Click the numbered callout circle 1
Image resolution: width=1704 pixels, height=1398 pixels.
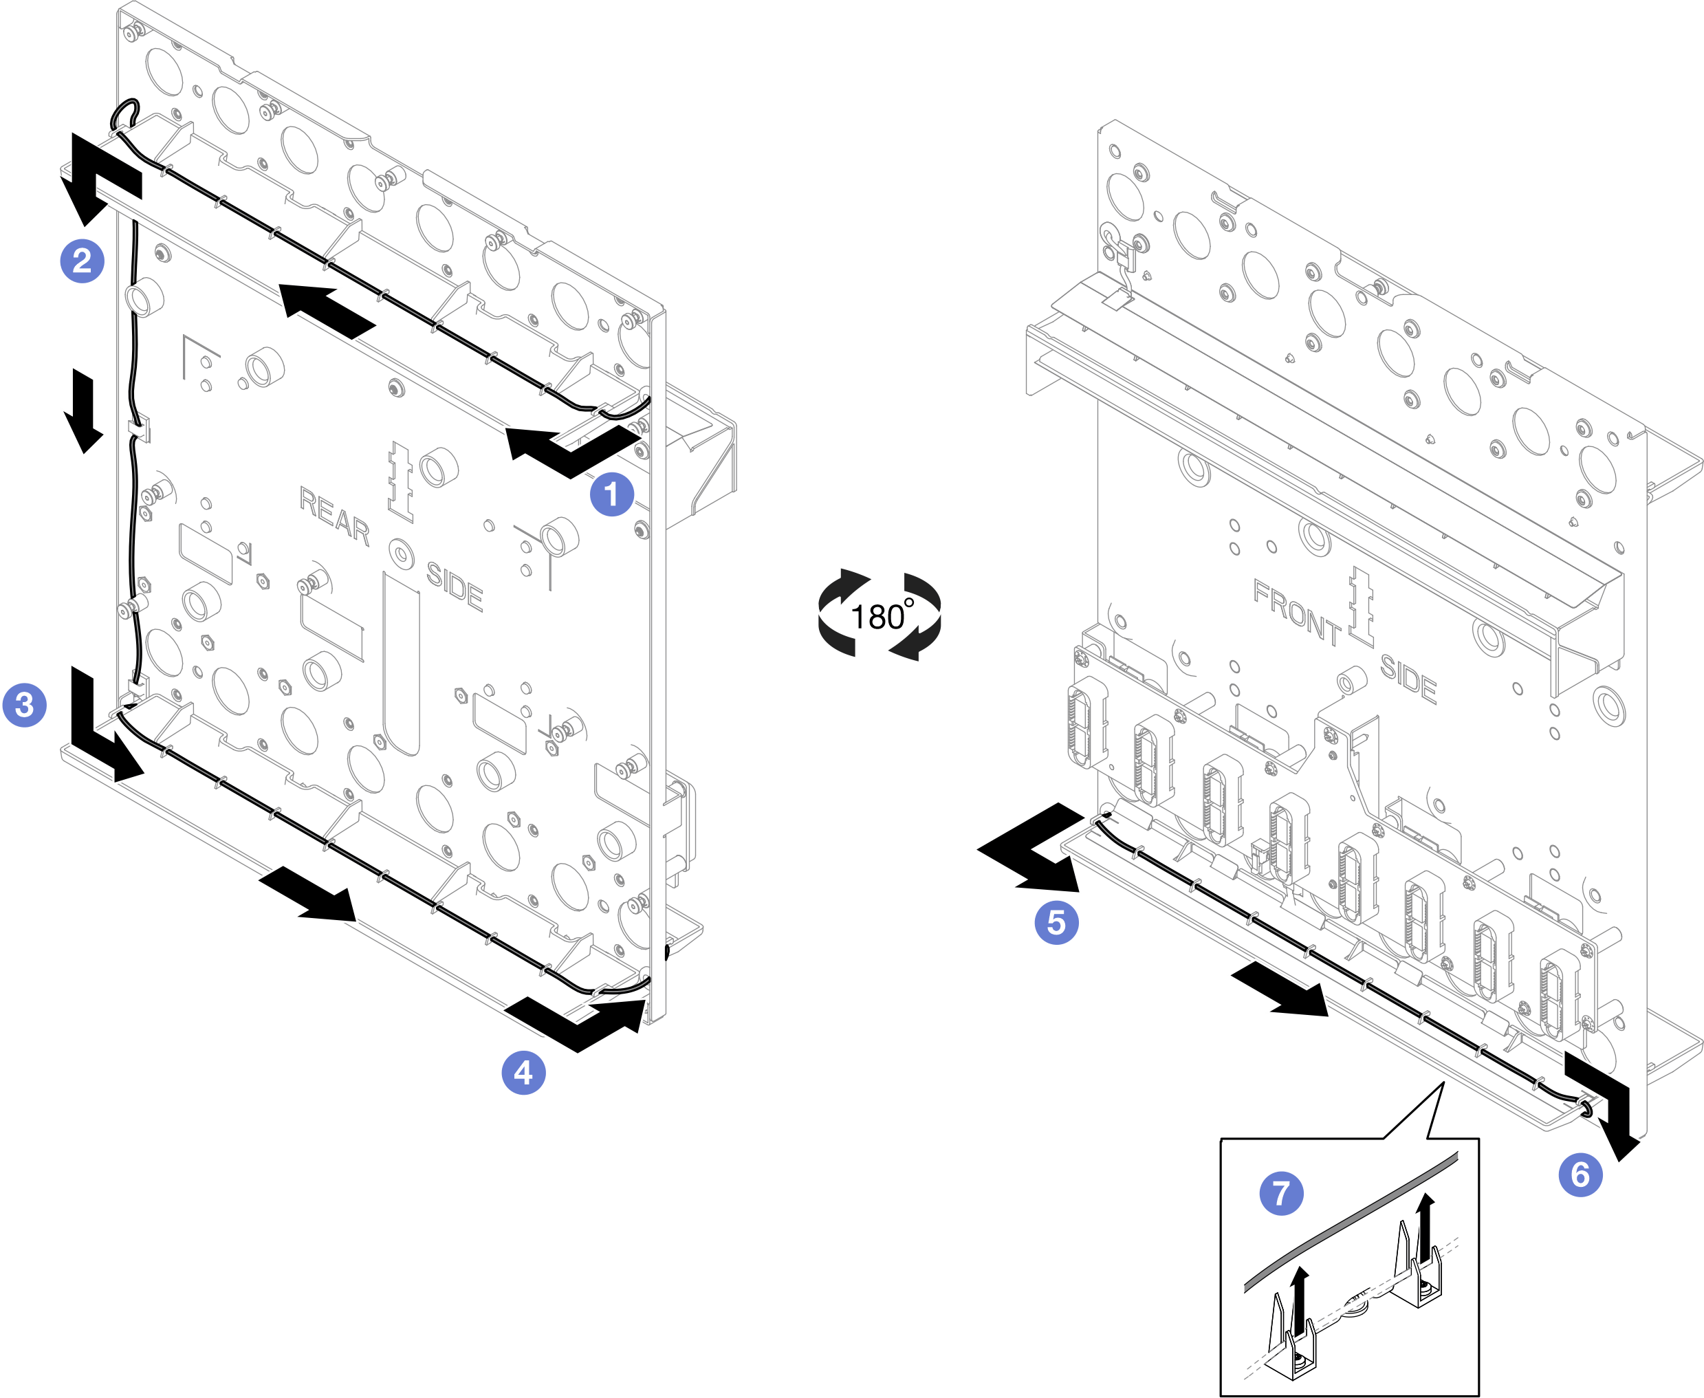(611, 494)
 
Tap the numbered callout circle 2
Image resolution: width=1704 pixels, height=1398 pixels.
(82, 261)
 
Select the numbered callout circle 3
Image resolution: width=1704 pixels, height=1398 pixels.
(24, 706)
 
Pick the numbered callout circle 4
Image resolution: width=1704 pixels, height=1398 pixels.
(523, 1073)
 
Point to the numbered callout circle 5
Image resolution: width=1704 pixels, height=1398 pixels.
(1056, 923)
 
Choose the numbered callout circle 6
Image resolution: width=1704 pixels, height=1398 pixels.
(1581, 1175)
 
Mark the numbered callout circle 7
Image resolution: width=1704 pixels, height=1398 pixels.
(1281, 1194)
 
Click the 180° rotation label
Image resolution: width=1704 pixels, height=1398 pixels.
(880, 617)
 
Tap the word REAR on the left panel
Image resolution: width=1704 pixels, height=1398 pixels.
(334, 515)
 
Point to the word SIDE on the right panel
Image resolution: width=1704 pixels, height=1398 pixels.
(1408, 678)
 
